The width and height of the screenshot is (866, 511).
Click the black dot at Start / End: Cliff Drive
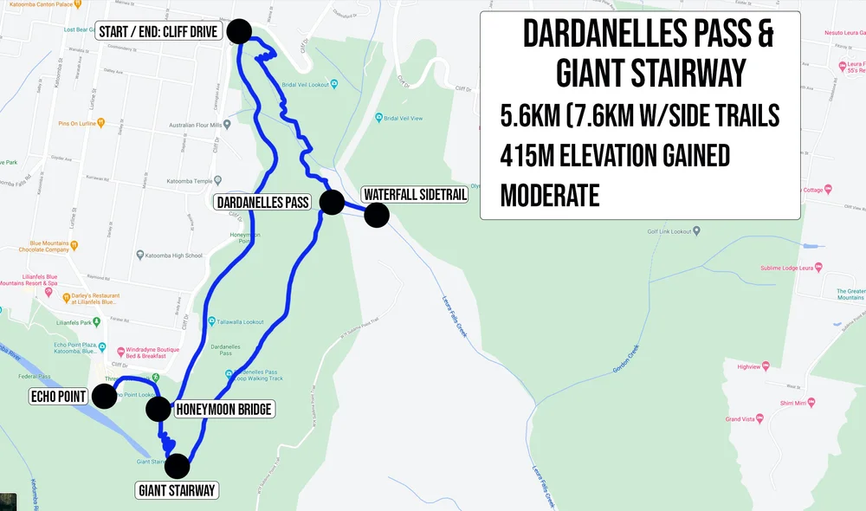click(239, 31)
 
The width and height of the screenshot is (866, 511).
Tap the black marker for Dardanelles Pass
click(332, 203)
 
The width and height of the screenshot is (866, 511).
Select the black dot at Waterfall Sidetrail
click(376, 215)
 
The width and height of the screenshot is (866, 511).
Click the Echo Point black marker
click(104, 396)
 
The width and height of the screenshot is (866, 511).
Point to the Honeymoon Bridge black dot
click(158, 409)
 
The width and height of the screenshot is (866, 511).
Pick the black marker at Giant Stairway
click(177, 466)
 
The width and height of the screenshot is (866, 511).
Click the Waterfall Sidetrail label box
click(414, 195)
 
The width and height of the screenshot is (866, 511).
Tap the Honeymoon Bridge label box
click(224, 409)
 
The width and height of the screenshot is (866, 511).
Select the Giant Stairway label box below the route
click(177, 491)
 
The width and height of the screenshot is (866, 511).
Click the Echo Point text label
click(58, 397)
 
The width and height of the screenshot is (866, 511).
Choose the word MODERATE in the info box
click(550, 196)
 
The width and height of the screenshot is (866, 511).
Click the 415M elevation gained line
click(615, 156)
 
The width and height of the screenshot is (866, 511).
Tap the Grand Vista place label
click(741, 419)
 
